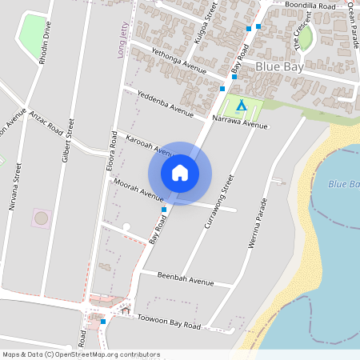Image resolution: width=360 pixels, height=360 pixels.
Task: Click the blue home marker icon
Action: click(180, 173)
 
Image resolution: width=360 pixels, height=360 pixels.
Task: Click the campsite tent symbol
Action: click(240, 105)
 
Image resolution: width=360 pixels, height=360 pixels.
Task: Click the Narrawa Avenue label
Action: click(240, 122)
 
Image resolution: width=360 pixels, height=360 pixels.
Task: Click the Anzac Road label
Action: click(46, 123)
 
